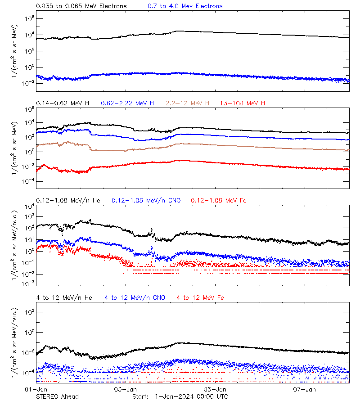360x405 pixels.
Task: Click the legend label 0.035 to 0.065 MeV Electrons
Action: pos(81,6)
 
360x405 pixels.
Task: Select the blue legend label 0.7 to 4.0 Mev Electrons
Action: pos(185,6)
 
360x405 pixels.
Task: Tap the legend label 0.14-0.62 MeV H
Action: pos(63,103)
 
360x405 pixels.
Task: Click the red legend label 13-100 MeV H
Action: pos(243,103)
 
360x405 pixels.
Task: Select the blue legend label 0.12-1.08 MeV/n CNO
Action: pos(146,200)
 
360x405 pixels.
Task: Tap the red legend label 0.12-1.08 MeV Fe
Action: pos(219,200)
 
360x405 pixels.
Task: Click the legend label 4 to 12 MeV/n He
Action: pos(64,298)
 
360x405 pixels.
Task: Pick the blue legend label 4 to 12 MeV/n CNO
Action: pos(135,298)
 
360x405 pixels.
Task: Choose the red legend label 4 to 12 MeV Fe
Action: pos(200,298)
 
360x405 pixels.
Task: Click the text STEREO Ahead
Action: pos(57,396)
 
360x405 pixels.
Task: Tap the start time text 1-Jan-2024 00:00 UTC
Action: pos(191,396)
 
